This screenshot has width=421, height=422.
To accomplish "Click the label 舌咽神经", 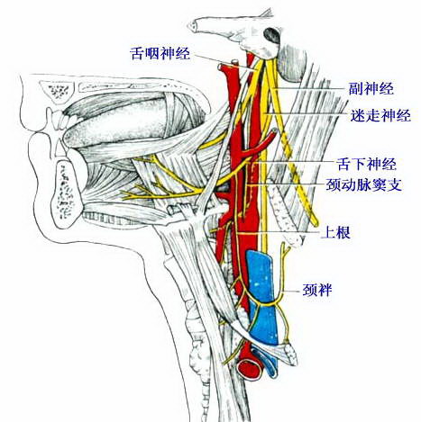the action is [x=160, y=53].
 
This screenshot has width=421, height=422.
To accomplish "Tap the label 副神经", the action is [x=371, y=88].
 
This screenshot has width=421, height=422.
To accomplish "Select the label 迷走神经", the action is [x=380, y=115].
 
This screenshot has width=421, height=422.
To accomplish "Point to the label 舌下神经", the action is [x=366, y=164].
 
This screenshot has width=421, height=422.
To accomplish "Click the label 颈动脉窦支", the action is [x=364, y=184].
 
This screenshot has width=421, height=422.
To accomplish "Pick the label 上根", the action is [x=336, y=232].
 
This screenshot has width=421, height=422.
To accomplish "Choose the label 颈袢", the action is [x=316, y=290].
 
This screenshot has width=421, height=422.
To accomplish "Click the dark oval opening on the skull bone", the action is [x=272, y=35].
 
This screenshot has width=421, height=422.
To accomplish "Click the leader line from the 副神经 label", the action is [x=310, y=88].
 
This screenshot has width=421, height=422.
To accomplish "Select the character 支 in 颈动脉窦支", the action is [x=395, y=184].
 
